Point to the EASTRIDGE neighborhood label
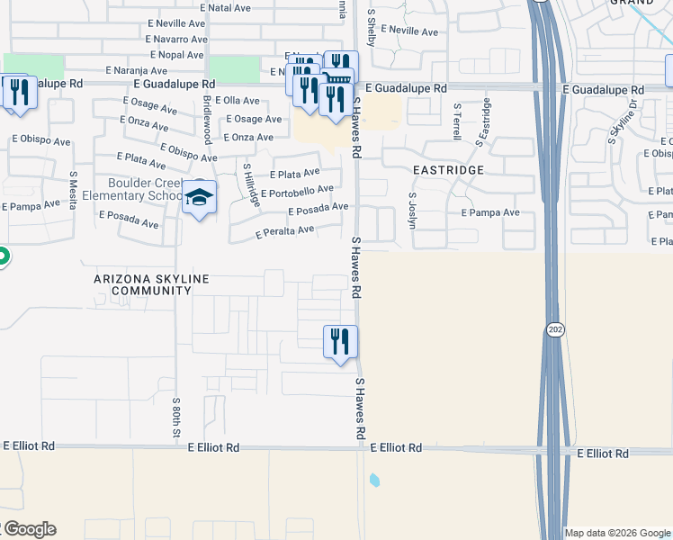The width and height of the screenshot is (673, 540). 448,170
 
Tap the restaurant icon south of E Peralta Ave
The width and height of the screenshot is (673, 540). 340,342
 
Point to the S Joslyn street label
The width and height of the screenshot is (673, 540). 413,209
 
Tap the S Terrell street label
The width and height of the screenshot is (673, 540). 457,121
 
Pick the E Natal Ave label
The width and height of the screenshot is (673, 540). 227,7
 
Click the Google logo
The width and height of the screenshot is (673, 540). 29,529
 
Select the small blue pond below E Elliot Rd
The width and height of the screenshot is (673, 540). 374,480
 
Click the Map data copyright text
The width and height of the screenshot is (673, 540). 618,533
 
